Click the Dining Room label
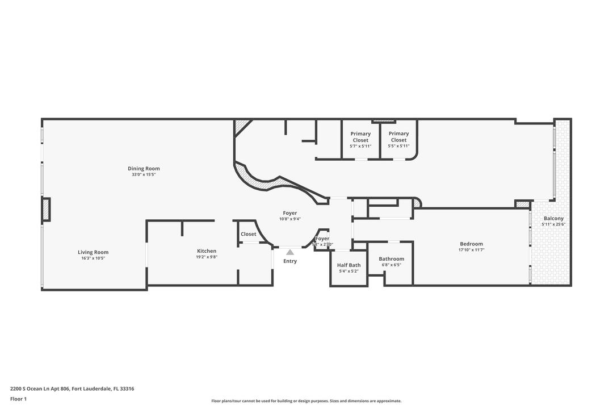point(144,169)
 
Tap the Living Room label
point(93,252)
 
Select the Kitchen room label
point(207,251)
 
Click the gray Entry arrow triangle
point(290,252)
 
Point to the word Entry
point(290,261)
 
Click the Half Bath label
point(349,265)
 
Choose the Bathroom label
point(392,259)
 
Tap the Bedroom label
point(471,244)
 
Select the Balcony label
point(553,219)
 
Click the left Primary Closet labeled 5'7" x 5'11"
point(360,137)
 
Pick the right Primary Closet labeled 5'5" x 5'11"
point(398,137)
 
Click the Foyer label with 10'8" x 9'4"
point(290,213)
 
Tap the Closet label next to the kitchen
point(248,234)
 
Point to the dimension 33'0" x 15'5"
point(144,175)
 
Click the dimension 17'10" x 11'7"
point(472,250)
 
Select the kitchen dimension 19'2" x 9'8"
point(207,257)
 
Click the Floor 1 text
point(18,399)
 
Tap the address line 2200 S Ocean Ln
point(72,389)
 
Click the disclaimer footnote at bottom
point(306,401)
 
